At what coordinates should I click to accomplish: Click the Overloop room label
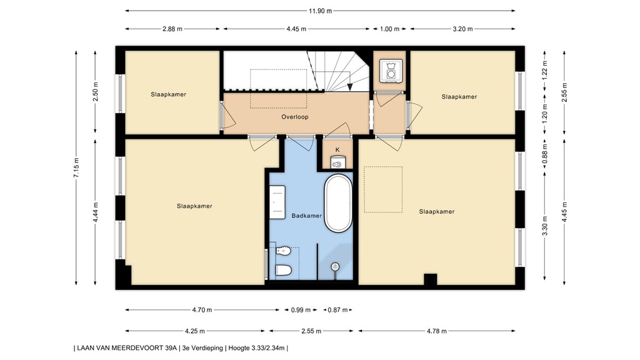point(295,117)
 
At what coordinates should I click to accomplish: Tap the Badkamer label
point(306,216)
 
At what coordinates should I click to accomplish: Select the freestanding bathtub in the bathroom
point(338,203)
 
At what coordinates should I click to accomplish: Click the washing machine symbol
point(391,71)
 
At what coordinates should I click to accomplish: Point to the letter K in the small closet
point(337,150)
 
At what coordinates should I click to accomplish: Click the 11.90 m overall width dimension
point(320,11)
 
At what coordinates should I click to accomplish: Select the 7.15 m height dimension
point(76,167)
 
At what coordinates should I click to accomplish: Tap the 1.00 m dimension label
point(389,29)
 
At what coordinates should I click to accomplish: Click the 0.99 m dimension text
point(301,310)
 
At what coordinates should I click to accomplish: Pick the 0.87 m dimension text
point(338,310)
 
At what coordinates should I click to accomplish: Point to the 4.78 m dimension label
point(437,331)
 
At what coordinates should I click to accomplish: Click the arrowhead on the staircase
point(350,87)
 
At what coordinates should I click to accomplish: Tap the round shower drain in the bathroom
point(335,266)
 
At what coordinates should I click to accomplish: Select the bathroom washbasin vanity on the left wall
point(277,202)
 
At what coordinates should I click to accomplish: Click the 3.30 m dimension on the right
point(544,226)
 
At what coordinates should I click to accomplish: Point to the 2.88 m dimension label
point(172,29)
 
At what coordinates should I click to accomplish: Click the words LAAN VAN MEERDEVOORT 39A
point(127,348)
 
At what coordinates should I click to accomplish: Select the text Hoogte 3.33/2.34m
point(256,348)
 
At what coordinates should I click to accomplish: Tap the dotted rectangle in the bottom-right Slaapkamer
point(383,189)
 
